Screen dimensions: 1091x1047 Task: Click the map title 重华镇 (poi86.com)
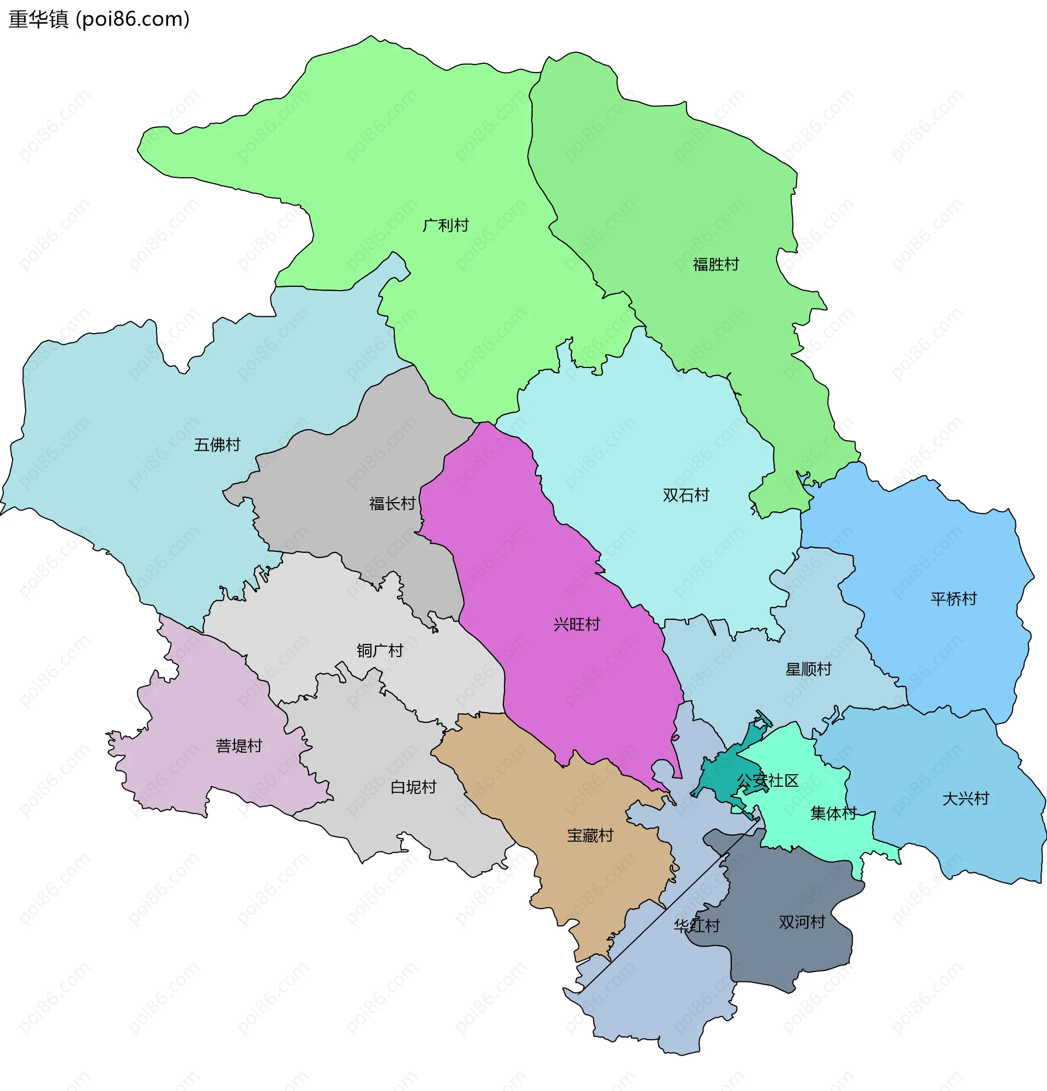point(99,20)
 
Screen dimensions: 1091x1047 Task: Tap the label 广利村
point(446,225)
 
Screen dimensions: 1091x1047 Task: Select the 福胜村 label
point(715,264)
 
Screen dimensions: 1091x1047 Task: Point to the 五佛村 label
point(217,445)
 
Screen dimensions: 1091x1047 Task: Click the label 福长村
point(393,504)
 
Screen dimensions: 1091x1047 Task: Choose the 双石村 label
point(686,495)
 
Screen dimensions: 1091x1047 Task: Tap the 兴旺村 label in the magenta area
point(576,624)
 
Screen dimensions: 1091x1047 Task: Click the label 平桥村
point(954,599)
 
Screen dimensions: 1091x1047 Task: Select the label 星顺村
point(808,669)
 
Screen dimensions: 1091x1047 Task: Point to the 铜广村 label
point(380,650)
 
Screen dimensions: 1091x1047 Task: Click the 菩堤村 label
point(239,746)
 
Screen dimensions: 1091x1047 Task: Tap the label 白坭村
point(413,787)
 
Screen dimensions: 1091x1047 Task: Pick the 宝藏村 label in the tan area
point(590,835)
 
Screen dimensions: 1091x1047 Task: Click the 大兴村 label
point(965,799)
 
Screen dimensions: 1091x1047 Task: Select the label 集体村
point(833,813)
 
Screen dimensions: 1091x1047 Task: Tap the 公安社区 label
point(768,780)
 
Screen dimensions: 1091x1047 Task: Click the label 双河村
point(802,923)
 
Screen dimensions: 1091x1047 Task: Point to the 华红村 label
point(697,926)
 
